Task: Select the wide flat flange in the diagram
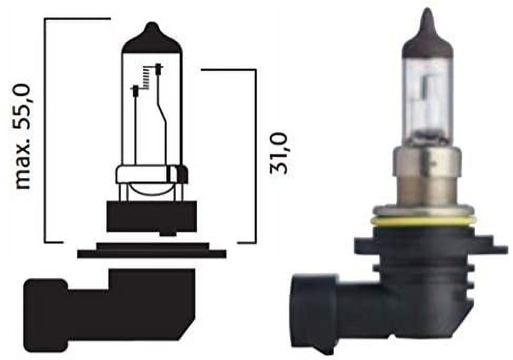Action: [x=152, y=254]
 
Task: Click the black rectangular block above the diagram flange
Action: [x=152, y=216]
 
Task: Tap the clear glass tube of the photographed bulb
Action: [x=427, y=100]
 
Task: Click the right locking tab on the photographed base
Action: [x=487, y=247]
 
